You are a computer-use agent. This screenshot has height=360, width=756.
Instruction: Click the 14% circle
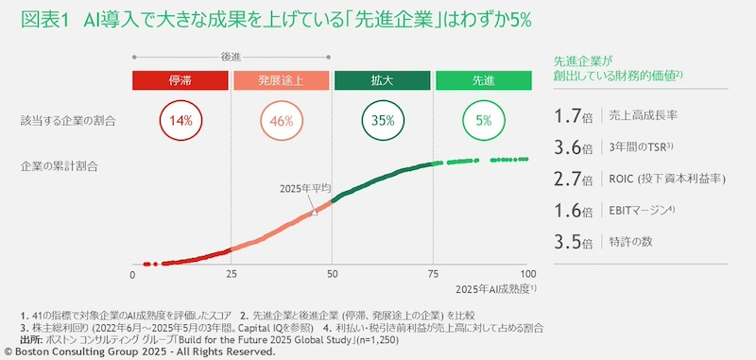(x=181, y=121)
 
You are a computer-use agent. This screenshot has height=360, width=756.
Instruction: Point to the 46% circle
(x=281, y=121)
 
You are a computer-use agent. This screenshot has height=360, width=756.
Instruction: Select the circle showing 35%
(x=382, y=121)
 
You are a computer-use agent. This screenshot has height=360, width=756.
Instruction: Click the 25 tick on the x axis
(x=232, y=274)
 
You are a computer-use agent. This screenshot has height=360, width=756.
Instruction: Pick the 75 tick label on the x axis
(x=432, y=274)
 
